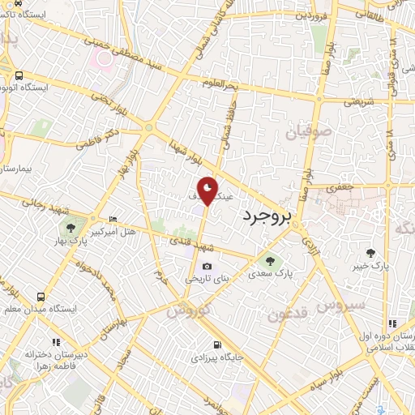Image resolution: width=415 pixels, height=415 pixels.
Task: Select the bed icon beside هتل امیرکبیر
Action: point(113,220)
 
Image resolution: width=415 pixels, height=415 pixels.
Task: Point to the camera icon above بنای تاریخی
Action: point(207,267)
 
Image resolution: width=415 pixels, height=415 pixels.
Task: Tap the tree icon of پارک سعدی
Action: point(271,260)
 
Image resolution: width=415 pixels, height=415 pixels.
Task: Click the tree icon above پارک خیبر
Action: point(372,252)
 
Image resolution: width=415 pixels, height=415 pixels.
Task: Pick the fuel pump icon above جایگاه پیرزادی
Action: point(216,344)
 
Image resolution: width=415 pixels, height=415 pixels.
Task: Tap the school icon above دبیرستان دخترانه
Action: point(55,343)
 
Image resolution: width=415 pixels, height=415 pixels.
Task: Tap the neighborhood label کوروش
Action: point(188,309)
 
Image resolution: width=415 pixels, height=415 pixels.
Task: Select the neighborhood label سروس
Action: point(332,306)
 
